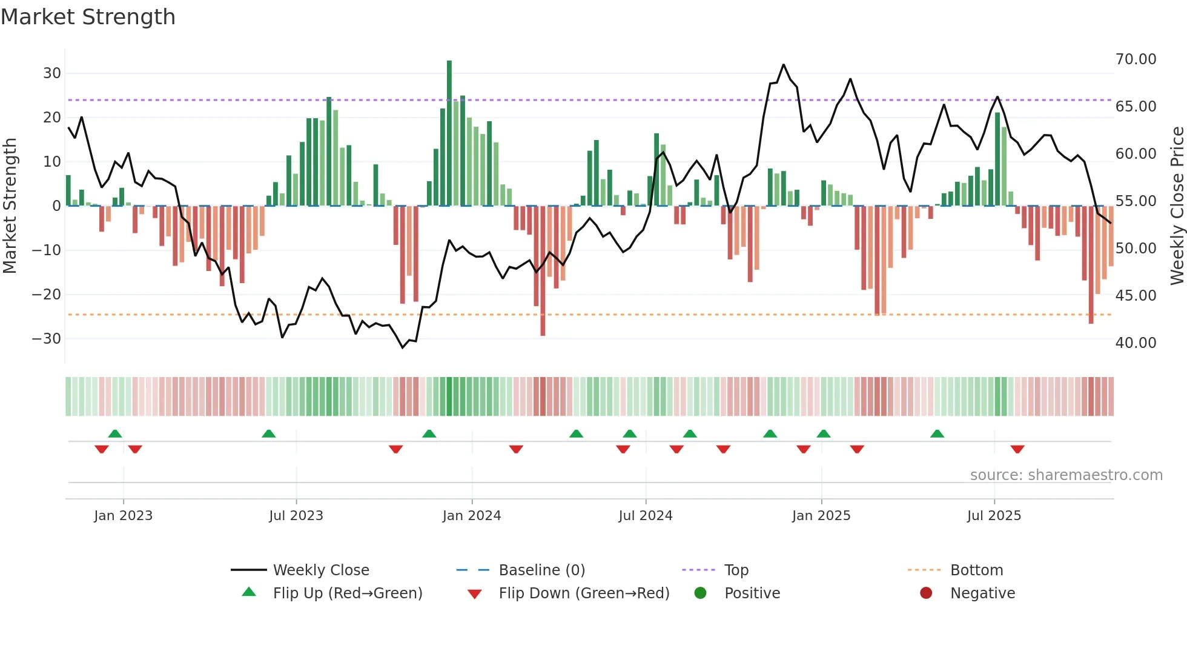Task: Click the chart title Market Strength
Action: click(x=88, y=17)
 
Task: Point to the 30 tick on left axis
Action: click(x=52, y=73)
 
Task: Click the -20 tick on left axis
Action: click(x=47, y=295)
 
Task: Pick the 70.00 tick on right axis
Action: click(x=1136, y=59)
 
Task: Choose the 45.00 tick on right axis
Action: click(x=1136, y=296)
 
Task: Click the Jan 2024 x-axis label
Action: click(x=472, y=516)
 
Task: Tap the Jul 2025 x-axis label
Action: click(x=994, y=516)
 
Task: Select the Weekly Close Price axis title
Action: click(x=1177, y=206)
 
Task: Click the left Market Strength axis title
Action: click(x=10, y=206)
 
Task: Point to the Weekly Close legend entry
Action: click(x=320, y=570)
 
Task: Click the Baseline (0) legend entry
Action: click(x=541, y=570)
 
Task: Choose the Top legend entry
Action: click(x=736, y=570)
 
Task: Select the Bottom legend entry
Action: click(x=976, y=570)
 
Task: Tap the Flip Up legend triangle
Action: click(x=249, y=592)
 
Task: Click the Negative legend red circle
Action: click(x=926, y=593)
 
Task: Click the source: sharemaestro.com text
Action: click(x=1066, y=475)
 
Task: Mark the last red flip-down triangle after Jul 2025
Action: click(x=1017, y=449)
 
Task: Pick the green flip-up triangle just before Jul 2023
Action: click(x=269, y=433)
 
